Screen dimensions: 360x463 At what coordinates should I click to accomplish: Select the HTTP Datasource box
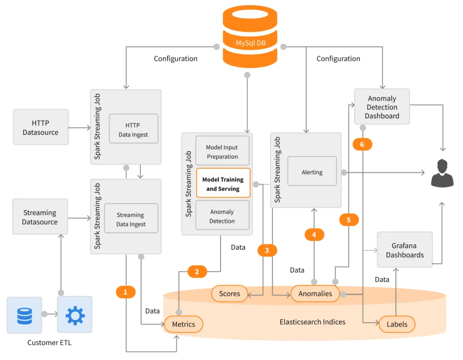point(41,127)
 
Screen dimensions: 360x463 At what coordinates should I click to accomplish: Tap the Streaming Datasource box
point(40,217)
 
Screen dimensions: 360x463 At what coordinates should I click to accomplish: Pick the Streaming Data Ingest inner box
point(131,219)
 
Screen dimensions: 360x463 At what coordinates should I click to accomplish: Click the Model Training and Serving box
point(223,183)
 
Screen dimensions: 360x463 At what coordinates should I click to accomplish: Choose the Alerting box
point(312,171)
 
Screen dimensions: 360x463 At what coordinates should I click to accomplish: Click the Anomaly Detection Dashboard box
point(382,106)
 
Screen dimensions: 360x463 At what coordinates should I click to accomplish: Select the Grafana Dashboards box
point(405,250)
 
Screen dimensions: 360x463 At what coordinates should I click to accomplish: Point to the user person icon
point(442,173)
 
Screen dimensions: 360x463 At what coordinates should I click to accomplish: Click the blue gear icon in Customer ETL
point(75,315)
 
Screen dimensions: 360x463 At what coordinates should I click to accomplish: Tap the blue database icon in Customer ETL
point(24,315)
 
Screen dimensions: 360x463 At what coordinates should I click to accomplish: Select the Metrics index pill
point(184,324)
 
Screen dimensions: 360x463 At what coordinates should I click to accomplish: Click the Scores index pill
point(229,294)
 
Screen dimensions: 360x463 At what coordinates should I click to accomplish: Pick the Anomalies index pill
point(315,294)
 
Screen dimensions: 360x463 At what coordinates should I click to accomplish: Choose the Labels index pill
point(397,324)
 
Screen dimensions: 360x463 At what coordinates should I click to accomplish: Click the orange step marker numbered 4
point(314,234)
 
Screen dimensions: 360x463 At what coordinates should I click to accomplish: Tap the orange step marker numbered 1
point(126,292)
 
